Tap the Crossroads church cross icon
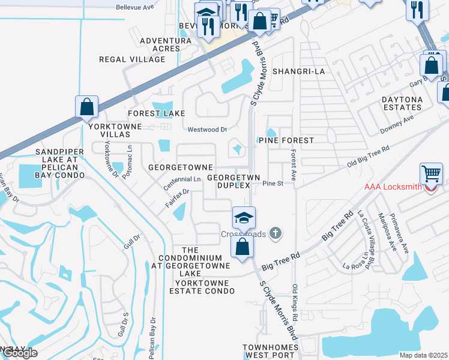[276, 233]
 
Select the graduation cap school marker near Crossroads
[244, 217]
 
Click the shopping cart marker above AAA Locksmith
[432, 174]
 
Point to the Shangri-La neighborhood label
[298, 71]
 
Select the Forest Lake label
[156, 113]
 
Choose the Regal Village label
[132, 60]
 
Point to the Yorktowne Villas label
[115, 130]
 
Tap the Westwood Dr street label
[207, 129]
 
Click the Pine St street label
[272, 184]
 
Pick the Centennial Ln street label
[182, 179]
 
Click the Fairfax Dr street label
[178, 199]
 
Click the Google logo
[20, 353]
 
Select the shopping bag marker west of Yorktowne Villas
[87, 107]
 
